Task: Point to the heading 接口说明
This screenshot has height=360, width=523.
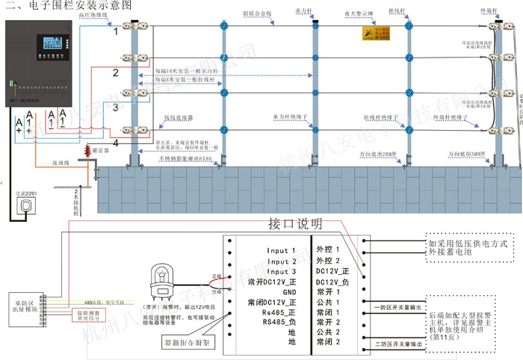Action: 294,223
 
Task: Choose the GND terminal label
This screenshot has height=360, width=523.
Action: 289,293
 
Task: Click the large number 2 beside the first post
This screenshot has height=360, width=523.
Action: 115,72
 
